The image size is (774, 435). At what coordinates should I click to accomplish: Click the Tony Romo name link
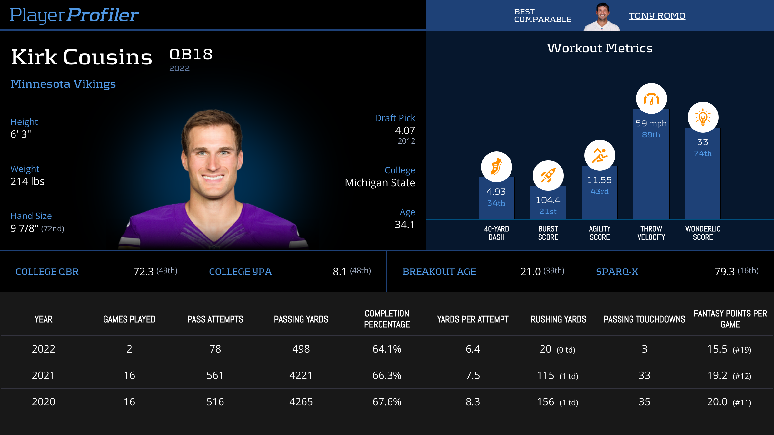tap(657, 15)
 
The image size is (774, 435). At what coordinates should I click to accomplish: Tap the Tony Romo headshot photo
tap(602, 17)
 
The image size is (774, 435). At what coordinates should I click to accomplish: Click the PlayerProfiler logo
tap(74, 15)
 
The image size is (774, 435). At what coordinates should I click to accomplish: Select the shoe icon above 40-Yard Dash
tap(496, 167)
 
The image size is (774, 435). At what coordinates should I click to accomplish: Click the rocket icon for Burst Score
tap(548, 176)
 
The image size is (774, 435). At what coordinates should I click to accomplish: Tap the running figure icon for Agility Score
tap(600, 155)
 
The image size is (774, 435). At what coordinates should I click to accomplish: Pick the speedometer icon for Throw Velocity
tap(651, 99)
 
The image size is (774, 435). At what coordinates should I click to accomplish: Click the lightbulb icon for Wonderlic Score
tap(703, 117)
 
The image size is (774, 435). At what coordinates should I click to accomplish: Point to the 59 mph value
tap(651, 123)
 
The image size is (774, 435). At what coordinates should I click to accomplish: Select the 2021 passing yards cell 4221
tap(301, 375)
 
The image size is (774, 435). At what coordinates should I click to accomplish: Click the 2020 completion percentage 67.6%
tap(387, 402)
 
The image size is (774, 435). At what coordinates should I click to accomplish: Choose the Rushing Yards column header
tap(559, 319)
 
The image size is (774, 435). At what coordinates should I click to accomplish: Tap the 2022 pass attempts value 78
tap(215, 349)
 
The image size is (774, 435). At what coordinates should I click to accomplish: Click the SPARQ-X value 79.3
tap(724, 271)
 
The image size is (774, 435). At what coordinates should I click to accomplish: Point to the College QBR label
tap(47, 271)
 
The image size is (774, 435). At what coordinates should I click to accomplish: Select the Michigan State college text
tap(380, 183)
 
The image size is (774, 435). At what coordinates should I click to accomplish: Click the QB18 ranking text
tap(191, 54)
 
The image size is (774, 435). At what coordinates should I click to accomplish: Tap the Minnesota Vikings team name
tap(63, 84)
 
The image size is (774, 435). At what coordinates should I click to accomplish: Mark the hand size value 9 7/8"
tap(25, 228)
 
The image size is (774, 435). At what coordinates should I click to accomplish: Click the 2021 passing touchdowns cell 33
tap(644, 375)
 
